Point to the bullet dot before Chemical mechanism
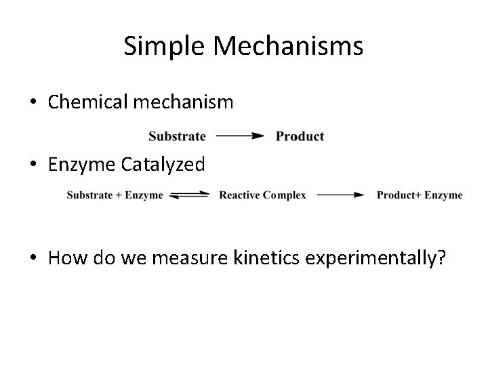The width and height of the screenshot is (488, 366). (33, 103)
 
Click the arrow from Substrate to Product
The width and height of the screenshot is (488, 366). (240, 136)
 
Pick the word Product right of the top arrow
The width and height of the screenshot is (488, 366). (300, 136)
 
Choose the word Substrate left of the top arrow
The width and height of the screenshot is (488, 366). (177, 136)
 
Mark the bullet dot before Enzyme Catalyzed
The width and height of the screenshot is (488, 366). (33, 165)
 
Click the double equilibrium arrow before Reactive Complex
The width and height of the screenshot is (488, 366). (190, 195)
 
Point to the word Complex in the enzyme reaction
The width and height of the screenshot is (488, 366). (284, 195)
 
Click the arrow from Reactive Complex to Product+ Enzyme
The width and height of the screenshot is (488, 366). (342, 195)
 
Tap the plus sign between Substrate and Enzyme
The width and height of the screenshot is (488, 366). (119, 195)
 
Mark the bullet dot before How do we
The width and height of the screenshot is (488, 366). (33, 258)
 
